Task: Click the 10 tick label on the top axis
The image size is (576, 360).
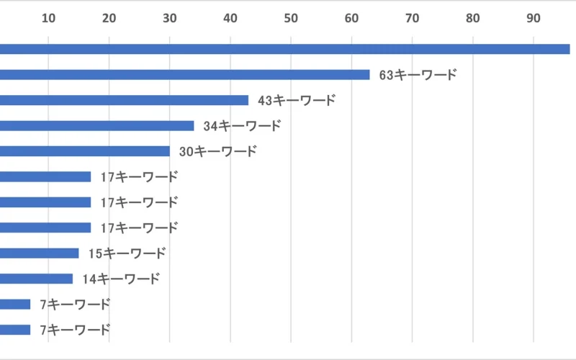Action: click(x=48, y=19)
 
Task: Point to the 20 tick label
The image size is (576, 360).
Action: click(x=109, y=19)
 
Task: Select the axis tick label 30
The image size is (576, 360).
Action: click(x=169, y=19)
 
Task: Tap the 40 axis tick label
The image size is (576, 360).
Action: click(x=230, y=19)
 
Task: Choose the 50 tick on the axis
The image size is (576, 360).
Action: click(x=290, y=19)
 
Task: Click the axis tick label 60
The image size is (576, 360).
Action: click(x=351, y=19)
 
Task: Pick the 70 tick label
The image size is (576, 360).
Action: click(x=412, y=19)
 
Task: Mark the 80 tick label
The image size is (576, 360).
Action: click(x=472, y=19)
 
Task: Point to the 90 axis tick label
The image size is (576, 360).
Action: click(x=533, y=19)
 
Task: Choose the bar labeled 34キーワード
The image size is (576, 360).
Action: click(x=96, y=126)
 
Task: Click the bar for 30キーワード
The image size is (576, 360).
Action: click(x=85, y=151)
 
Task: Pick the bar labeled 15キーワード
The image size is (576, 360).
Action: click(x=39, y=253)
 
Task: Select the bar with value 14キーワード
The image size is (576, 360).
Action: click(x=36, y=279)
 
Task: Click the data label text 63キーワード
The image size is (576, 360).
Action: click(x=418, y=75)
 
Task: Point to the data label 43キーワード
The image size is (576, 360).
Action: click(x=296, y=100)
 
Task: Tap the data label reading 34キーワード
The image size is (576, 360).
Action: click(x=242, y=126)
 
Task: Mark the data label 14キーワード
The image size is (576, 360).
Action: click(x=120, y=279)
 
